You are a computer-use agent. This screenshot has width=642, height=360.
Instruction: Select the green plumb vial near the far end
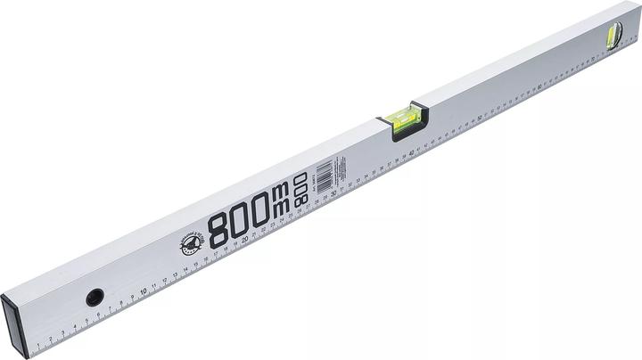[613, 38]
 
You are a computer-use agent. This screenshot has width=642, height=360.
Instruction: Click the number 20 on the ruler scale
[243, 238]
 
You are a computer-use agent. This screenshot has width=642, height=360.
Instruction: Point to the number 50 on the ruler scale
[482, 117]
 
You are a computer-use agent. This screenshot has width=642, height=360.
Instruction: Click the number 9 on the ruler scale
[133, 294]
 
